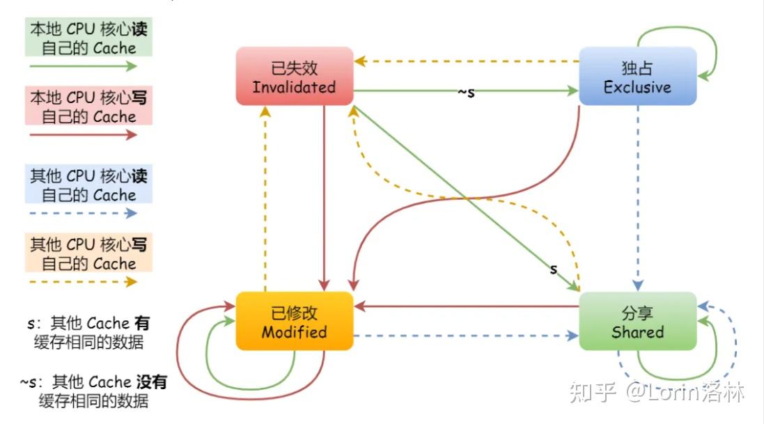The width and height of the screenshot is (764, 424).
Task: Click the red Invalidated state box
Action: point(295,77)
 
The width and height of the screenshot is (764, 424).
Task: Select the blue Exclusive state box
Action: point(637,77)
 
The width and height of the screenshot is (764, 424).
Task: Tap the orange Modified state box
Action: point(295,321)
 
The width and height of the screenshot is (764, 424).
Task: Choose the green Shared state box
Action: point(637,321)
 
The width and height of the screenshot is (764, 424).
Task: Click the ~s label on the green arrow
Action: point(466,92)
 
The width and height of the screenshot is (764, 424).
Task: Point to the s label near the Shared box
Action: point(554,269)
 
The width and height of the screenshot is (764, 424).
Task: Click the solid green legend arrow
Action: point(83,67)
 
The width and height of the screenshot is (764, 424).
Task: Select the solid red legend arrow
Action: point(83,135)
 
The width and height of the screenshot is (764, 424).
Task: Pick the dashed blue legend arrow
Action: point(83,213)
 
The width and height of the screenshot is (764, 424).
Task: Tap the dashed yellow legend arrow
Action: point(83,282)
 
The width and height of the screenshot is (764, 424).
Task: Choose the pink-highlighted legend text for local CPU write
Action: point(88,107)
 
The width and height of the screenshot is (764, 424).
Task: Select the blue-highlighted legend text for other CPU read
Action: point(88,184)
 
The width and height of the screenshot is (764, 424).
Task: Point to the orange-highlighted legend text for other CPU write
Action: point(88,253)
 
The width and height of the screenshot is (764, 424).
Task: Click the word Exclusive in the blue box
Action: point(637,88)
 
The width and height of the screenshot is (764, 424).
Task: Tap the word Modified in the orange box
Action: point(295,332)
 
